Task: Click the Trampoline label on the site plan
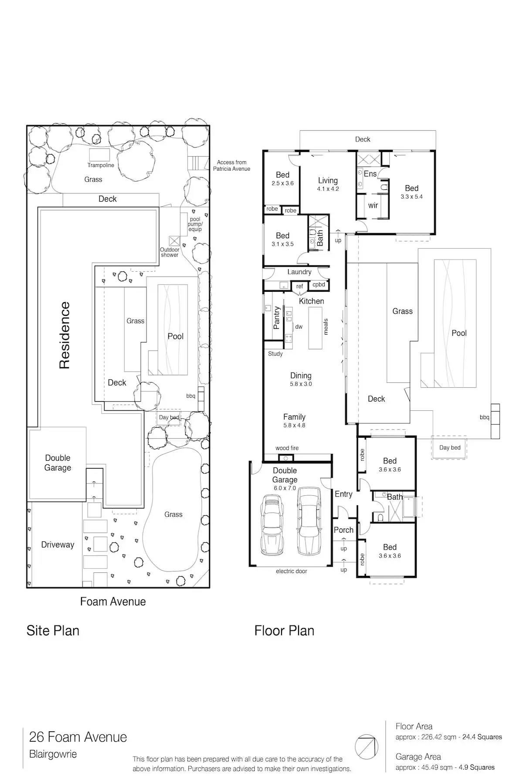coord(101,165)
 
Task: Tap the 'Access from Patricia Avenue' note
coord(231,166)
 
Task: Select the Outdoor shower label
coord(170,252)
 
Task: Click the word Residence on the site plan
coord(65,335)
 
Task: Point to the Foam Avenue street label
coord(113,602)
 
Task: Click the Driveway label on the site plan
coord(58,544)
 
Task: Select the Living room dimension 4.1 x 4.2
coord(328,189)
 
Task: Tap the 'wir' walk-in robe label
coord(373,205)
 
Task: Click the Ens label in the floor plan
coord(370,174)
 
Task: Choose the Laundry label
coord(299,272)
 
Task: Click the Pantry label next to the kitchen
coord(276,318)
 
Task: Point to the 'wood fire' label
coord(287,448)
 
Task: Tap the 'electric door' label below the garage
coord(292,571)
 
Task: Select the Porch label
coord(343,530)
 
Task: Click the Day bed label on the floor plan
coord(450,447)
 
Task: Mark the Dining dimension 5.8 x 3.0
coord(301,384)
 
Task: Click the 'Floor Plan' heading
coord(284,631)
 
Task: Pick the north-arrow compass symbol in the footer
coord(366,747)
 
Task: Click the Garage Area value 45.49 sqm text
coord(445,767)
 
